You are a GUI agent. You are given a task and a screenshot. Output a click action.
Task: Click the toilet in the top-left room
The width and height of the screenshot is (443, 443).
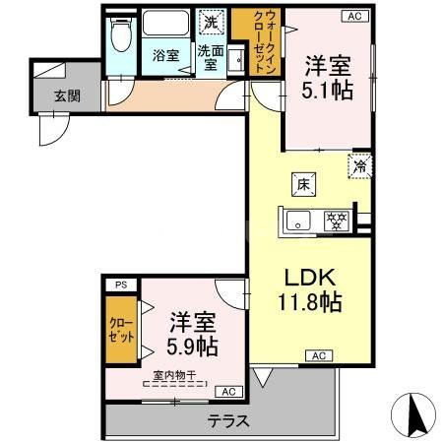pyautogui.click(x=121, y=37)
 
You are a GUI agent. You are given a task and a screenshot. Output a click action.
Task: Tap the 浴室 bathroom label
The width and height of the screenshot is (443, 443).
pyautogui.click(x=164, y=56)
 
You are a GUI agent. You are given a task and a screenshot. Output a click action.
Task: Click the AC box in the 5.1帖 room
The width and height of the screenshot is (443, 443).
pyautogui.click(x=351, y=16)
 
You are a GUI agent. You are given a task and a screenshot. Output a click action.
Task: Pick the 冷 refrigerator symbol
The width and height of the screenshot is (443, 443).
pyautogui.click(x=358, y=166)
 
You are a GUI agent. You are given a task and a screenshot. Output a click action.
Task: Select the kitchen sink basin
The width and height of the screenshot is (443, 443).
pyautogui.click(x=300, y=221)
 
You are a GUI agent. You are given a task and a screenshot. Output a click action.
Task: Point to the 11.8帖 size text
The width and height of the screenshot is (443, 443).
pyautogui.click(x=308, y=302)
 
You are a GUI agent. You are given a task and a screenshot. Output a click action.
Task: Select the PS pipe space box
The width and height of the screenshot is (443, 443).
pyautogui.click(x=121, y=285)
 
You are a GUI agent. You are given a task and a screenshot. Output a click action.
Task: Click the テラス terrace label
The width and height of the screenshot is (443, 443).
pyautogui.click(x=227, y=420)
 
